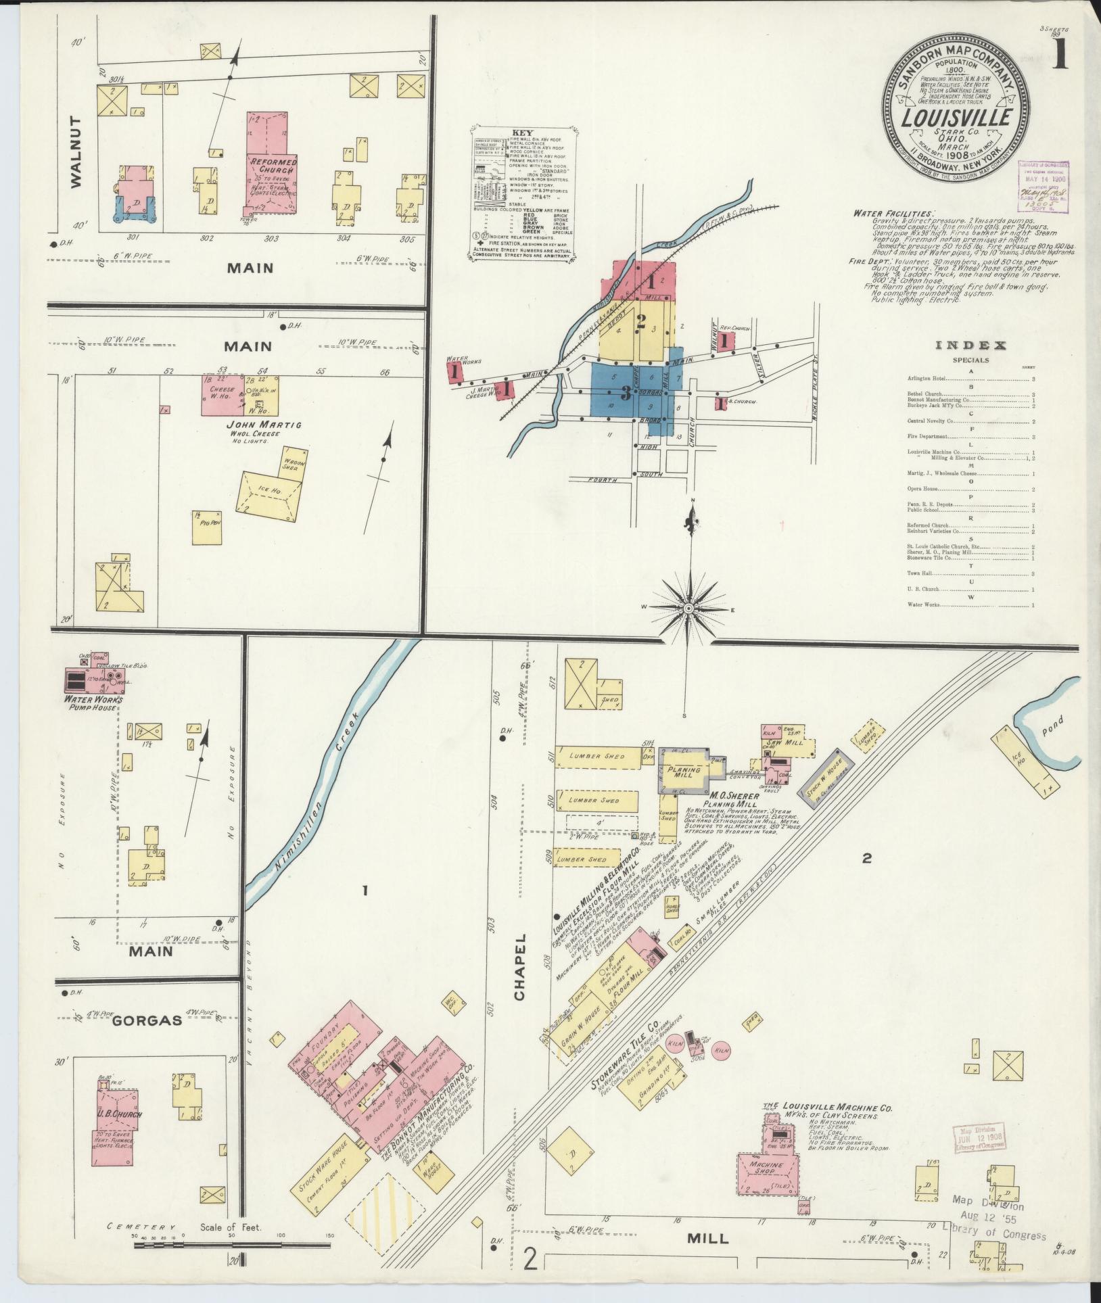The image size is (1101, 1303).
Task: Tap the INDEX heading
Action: [970, 346]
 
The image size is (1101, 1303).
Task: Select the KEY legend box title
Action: [523, 133]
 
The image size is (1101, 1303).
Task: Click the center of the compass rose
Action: [688, 609]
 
